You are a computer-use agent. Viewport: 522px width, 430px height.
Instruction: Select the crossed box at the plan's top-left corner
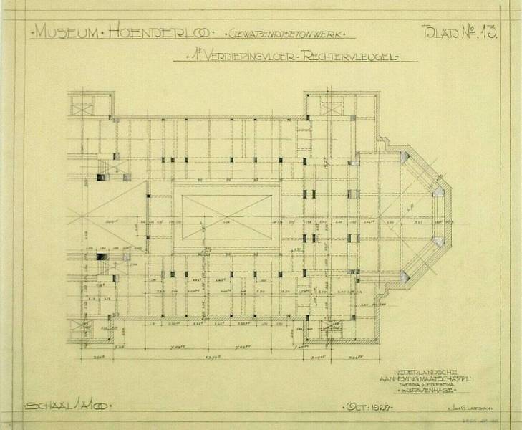point(82,111)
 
